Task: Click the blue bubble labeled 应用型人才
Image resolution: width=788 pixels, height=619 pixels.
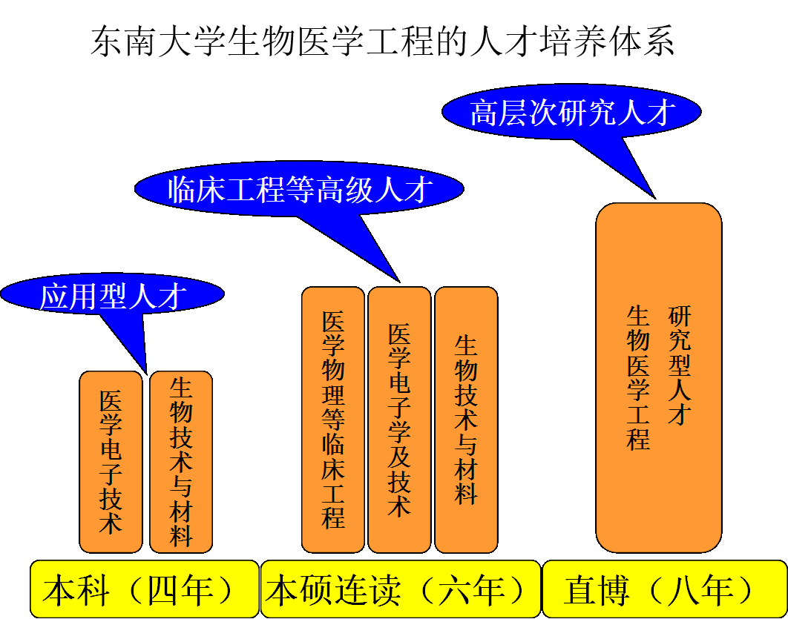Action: [x=111, y=296]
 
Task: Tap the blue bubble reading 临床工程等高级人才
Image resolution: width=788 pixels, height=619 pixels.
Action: [x=299, y=189]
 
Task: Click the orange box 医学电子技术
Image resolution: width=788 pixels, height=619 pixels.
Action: [x=111, y=462]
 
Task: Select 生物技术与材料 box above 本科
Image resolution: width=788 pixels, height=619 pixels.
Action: [x=181, y=462]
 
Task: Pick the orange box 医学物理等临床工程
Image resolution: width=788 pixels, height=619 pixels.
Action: [x=333, y=420]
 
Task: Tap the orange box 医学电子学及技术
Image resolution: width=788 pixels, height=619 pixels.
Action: [x=399, y=420]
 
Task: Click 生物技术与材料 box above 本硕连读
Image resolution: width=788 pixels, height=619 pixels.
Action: [x=466, y=420]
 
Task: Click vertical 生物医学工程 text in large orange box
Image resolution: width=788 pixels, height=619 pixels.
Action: [x=638, y=378]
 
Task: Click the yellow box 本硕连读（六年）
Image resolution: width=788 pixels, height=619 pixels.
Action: [x=399, y=590]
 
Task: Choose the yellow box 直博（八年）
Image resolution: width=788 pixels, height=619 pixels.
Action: [x=663, y=590]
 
